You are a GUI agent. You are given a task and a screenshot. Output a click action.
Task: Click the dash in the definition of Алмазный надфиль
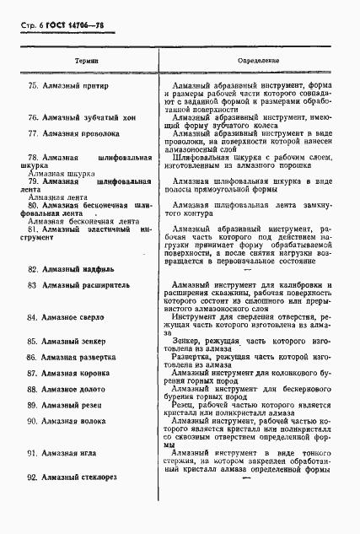coord(247,270)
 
